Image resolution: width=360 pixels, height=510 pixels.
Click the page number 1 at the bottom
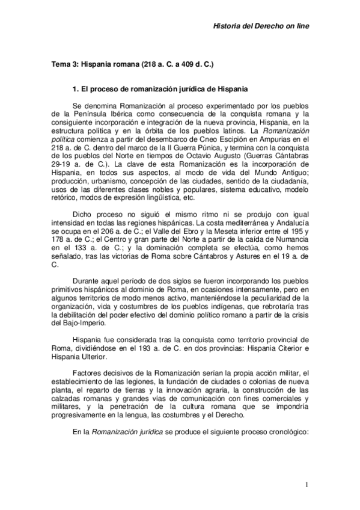[307, 485]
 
